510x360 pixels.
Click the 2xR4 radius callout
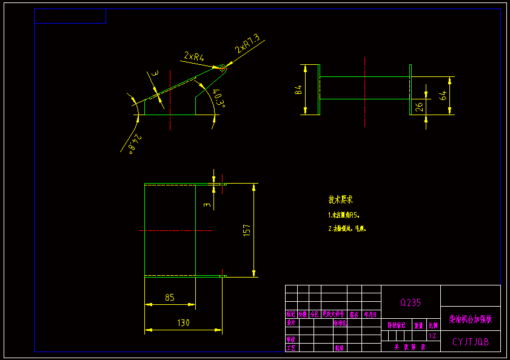coord(194,57)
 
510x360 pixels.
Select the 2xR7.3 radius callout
coord(248,44)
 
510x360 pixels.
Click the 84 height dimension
coord(298,90)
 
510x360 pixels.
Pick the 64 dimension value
coord(443,95)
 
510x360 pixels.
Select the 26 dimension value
coord(419,107)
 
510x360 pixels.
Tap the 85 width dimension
coord(170,298)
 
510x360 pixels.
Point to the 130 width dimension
coord(183,323)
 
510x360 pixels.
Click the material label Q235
coord(411,302)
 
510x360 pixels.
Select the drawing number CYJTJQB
coord(471,342)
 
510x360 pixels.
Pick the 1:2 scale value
coord(432,335)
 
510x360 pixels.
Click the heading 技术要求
coord(341,199)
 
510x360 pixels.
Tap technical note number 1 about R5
coord(347,215)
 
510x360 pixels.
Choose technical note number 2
coord(347,229)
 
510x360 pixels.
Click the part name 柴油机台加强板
coord(471,318)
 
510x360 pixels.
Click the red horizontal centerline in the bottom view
coord(176,230)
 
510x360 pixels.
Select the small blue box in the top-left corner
coord(70,16)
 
